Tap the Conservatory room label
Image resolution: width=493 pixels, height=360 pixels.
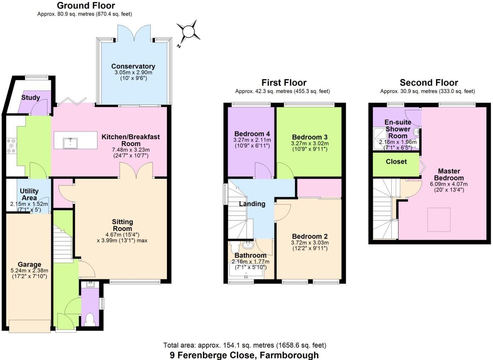[133, 66]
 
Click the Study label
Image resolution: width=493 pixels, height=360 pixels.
[30, 97]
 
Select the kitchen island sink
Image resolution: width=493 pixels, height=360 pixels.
[70, 143]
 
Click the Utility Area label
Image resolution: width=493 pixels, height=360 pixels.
[29, 194]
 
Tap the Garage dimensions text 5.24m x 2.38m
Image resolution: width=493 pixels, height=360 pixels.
[29, 271]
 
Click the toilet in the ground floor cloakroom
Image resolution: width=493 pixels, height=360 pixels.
[90, 319]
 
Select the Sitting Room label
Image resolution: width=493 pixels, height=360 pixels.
[123, 225]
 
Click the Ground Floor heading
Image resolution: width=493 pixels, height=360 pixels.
[86, 6]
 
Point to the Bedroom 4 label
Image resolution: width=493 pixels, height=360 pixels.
[252, 134]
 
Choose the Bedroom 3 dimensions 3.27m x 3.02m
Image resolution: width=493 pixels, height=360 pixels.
[310, 143]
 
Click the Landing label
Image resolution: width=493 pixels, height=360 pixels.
[252, 204]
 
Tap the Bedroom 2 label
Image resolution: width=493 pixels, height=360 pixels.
[310, 236]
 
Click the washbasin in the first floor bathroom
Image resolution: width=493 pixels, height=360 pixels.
[248, 244]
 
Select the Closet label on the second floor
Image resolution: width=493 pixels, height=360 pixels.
[396, 161]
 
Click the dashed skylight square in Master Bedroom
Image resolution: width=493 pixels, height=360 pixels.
[439, 220]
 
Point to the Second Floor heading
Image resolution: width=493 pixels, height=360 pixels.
[429, 82]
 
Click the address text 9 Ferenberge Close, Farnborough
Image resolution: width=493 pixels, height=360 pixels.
[244, 355]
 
